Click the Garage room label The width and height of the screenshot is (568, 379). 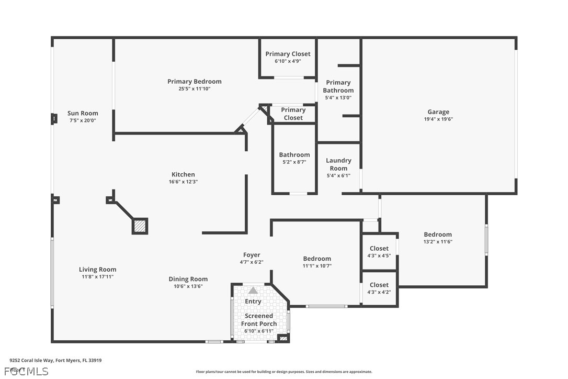438,112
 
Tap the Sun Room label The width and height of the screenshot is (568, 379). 83,113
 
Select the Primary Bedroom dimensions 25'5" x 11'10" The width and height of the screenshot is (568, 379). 194,89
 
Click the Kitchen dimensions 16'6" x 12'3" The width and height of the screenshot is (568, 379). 183,182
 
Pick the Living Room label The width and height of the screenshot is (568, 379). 98,270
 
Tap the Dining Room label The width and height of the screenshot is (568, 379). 188,279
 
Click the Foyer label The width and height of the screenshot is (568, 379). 252,255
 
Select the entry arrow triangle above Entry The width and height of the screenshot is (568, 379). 253,290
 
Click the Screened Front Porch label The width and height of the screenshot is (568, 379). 258,320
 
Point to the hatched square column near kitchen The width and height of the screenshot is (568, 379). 140,226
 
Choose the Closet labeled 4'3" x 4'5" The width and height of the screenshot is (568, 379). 379,252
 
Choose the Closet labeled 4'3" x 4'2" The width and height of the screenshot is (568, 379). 379,288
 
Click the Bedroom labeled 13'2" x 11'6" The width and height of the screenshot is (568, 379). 438,238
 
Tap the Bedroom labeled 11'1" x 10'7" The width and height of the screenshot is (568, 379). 317,262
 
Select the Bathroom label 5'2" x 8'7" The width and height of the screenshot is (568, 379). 294,158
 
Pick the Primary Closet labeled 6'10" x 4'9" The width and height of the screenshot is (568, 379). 288,57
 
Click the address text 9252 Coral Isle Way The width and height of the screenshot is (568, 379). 55,360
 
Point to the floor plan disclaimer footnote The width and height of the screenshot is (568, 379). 284,372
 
